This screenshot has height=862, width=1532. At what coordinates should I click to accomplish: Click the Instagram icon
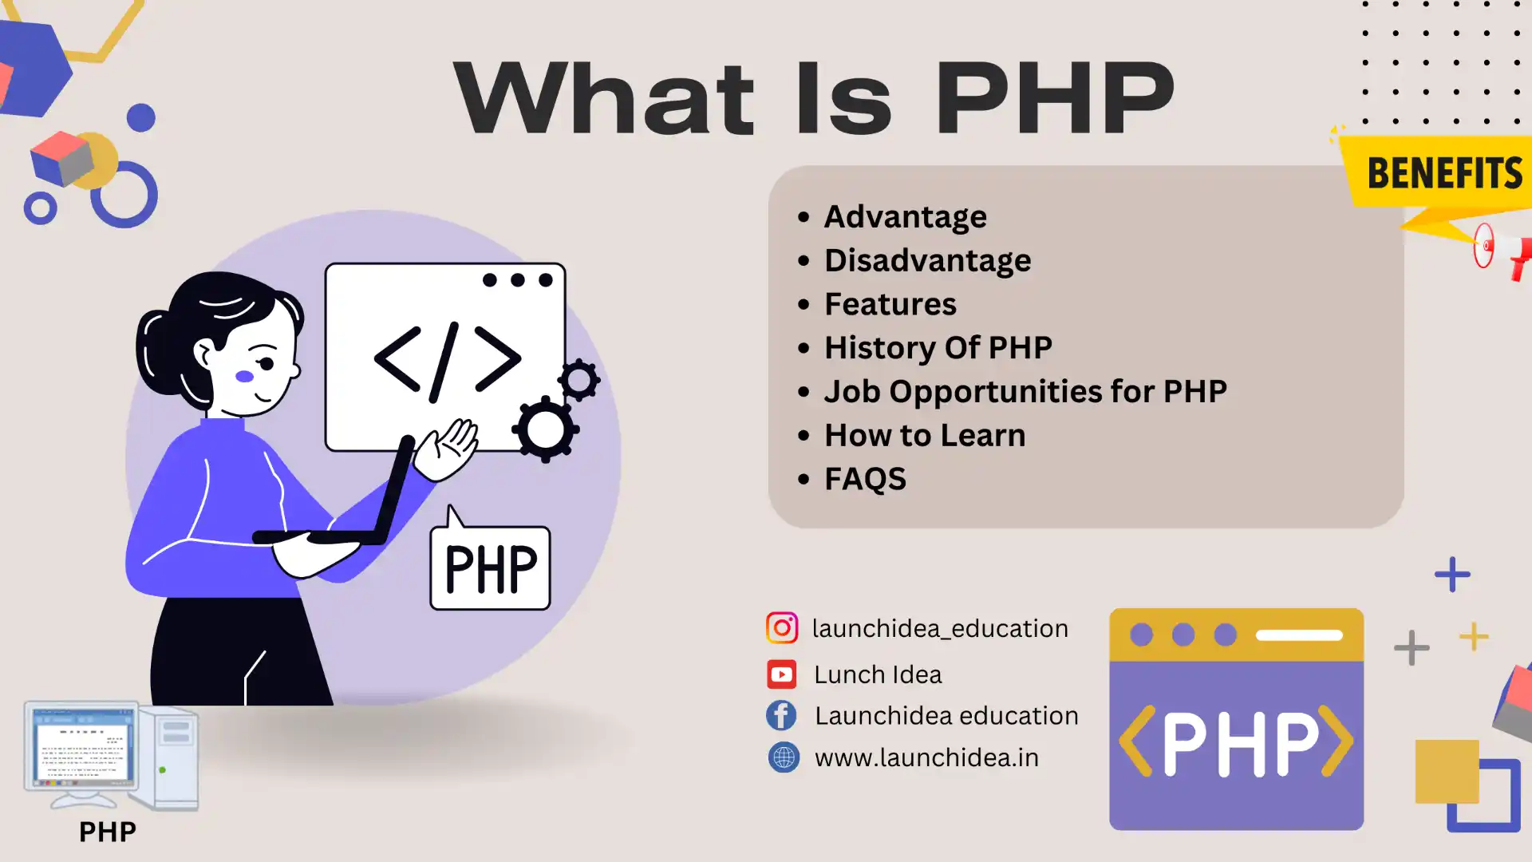[x=781, y=628]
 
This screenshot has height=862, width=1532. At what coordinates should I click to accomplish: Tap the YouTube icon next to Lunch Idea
[x=781, y=674]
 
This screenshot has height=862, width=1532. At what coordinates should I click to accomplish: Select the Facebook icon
[x=781, y=715]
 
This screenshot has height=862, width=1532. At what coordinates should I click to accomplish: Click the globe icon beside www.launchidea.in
[x=784, y=757]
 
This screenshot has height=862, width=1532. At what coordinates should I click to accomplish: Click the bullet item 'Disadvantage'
[x=927, y=260]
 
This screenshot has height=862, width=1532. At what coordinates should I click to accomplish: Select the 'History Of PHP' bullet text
[x=938, y=348]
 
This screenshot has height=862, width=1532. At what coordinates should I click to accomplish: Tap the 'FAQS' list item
[x=865, y=479]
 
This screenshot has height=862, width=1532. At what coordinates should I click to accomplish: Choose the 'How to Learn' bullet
[x=925, y=435]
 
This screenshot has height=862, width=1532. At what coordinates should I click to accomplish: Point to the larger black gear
[x=546, y=429]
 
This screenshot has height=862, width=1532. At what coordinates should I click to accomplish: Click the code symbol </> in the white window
[x=448, y=361]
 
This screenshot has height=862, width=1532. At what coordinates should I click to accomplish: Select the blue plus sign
[x=1452, y=575]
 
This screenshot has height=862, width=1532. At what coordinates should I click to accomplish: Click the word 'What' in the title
[x=604, y=97]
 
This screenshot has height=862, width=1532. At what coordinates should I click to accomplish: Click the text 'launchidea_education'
[x=940, y=629]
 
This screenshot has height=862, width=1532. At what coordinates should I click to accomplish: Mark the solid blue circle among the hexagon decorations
[x=141, y=118]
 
